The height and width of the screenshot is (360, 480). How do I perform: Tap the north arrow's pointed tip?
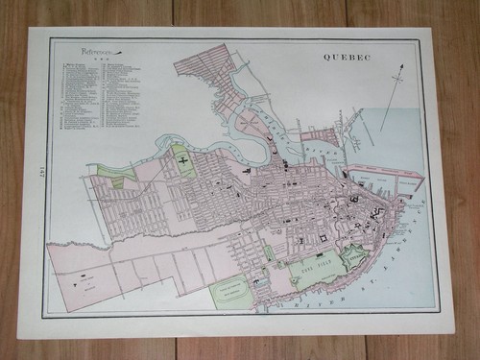[399, 66]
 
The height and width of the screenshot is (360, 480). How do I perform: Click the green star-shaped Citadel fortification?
[354, 256]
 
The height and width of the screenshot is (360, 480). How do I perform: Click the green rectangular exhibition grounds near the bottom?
[231, 291]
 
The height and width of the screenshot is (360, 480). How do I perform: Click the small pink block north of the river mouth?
[320, 137]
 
